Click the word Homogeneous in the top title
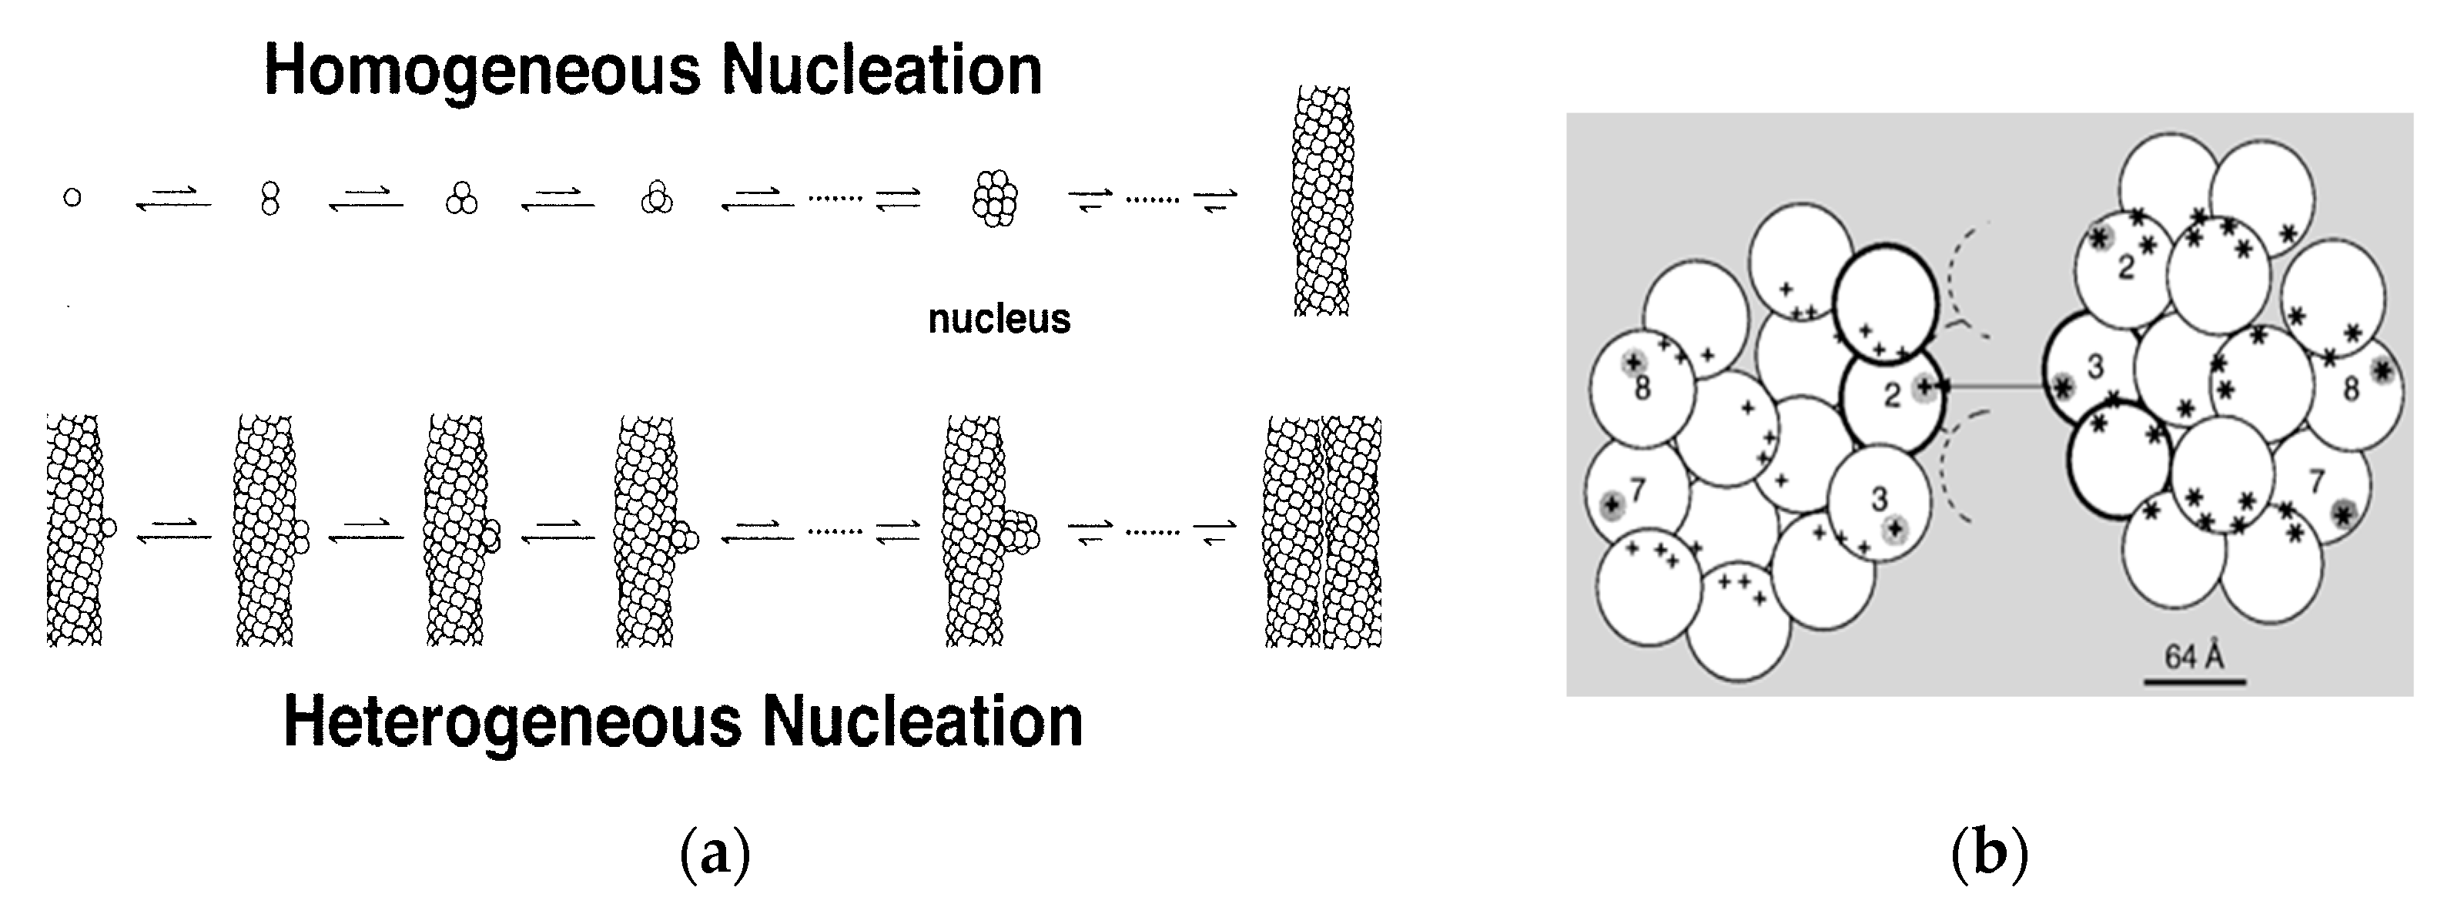[x=484, y=72]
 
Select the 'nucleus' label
[x=999, y=319]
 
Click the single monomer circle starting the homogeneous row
[x=72, y=198]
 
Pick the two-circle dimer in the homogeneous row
[x=270, y=199]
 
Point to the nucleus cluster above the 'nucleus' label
[x=995, y=199]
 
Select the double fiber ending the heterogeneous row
[x=1323, y=531]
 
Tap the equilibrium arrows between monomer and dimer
[x=173, y=199]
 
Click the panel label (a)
[x=715, y=854]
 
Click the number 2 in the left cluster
[x=1891, y=394]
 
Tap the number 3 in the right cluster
[x=2095, y=367]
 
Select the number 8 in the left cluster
[x=1642, y=388]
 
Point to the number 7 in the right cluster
[x=2316, y=483]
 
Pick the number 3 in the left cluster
[x=1878, y=499]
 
